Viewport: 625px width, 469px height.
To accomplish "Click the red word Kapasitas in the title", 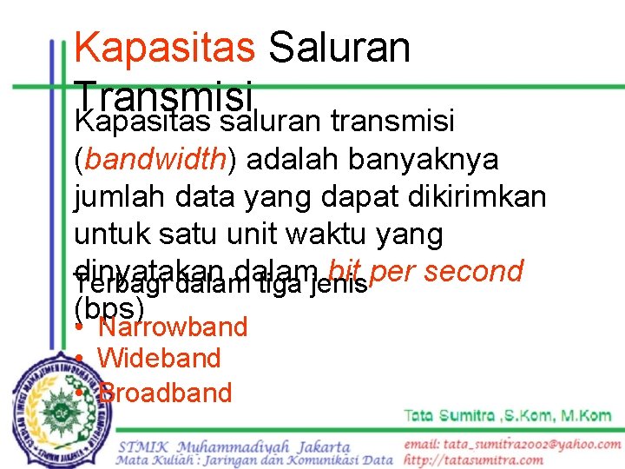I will point(165,47).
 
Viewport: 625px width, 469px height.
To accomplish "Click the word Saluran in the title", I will point(339,47).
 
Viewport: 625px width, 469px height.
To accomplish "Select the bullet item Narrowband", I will point(173,327).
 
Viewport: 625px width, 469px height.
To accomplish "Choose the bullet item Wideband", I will point(159,358).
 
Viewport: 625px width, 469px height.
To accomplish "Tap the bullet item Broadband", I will point(165,393).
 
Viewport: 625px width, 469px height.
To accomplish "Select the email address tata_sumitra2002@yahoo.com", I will point(512,444).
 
